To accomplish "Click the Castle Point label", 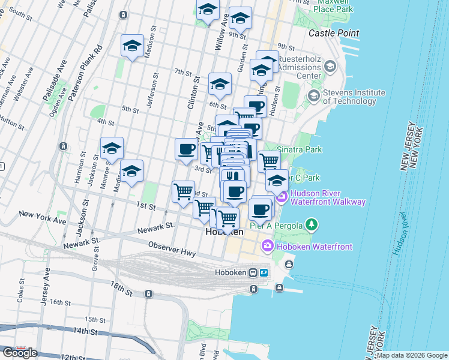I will tap(334, 33).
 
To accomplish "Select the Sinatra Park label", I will tap(300, 149).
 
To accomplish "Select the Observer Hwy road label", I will tap(172, 248).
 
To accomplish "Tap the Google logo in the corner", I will tap(19, 353).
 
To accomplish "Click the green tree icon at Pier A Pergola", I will tap(311, 225).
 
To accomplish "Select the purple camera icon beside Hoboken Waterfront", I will tap(267, 246).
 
